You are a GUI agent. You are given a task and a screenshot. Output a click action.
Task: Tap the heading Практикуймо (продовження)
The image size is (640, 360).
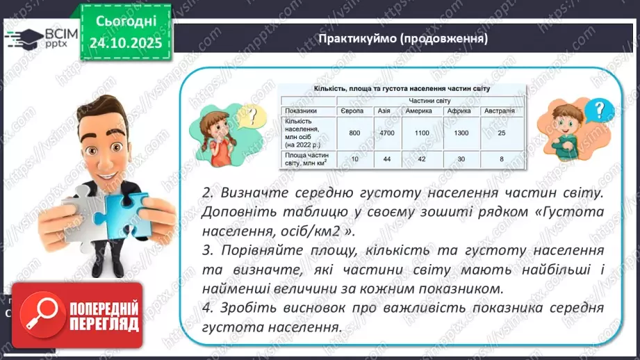(402, 38)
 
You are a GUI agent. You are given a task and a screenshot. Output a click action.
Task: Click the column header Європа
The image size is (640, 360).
(354, 111)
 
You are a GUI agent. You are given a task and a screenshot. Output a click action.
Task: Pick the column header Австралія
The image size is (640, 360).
(500, 111)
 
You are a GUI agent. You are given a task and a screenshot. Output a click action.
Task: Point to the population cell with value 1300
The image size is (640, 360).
(460, 132)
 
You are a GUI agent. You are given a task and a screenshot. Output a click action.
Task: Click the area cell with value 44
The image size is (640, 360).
(387, 159)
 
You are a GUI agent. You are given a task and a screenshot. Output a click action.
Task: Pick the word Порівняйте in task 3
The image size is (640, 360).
(261, 249)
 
